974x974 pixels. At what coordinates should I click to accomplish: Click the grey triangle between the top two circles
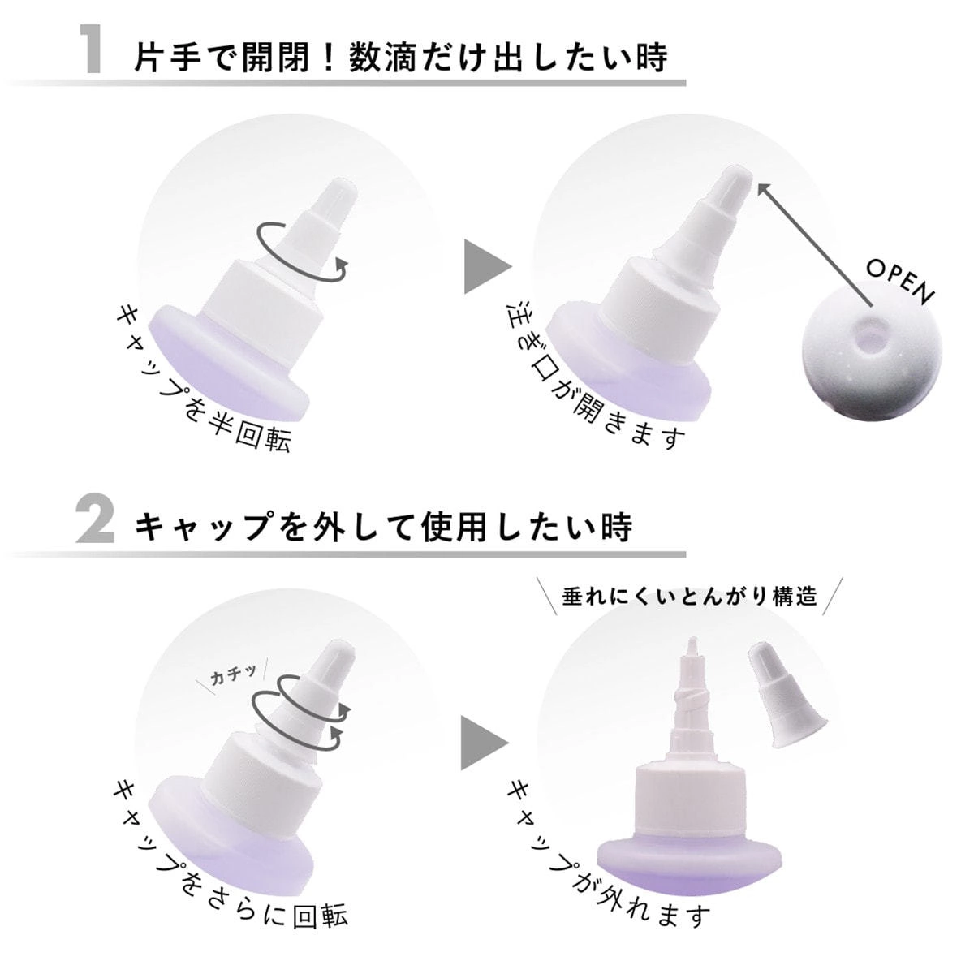485,266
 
